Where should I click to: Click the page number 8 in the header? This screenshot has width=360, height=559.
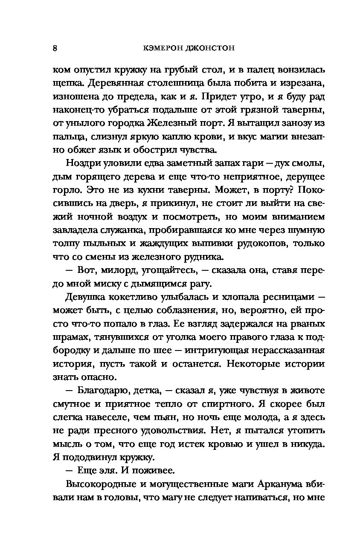[x=55, y=48]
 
